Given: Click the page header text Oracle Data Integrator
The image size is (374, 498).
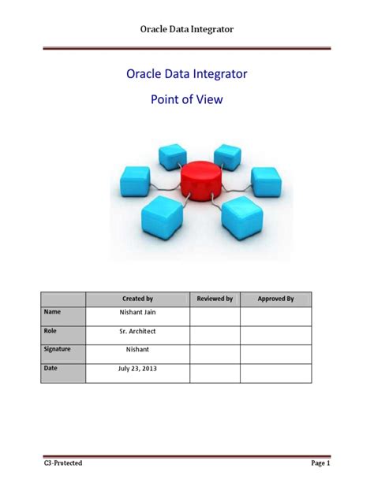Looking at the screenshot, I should (x=187, y=29).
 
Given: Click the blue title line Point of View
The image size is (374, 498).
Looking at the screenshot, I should (x=187, y=101).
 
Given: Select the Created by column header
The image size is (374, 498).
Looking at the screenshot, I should (x=137, y=299).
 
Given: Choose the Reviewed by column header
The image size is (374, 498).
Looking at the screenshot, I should (x=215, y=299).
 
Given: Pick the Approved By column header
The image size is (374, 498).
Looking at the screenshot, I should (x=275, y=299).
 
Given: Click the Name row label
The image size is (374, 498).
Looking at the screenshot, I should (x=53, y=314).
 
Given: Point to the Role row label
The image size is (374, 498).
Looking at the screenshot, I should (x=52, y=332).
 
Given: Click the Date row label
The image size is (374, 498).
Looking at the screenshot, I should (x=52, y=368).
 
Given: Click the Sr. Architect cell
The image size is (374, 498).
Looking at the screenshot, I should (x=137, y=333).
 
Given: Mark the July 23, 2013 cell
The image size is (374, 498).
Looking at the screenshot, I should (x=137, y=369).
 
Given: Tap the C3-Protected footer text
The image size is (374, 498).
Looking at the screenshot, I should (x=63, y=463).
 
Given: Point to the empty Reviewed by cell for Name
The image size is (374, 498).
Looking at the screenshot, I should (x=215, y=316).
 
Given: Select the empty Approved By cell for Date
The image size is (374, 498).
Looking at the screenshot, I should (x=275, y=372).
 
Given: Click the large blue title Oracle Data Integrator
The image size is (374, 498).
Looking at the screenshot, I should (x=187, y=74).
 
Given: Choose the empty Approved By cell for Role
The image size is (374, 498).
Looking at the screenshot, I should (x=275, y=334).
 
